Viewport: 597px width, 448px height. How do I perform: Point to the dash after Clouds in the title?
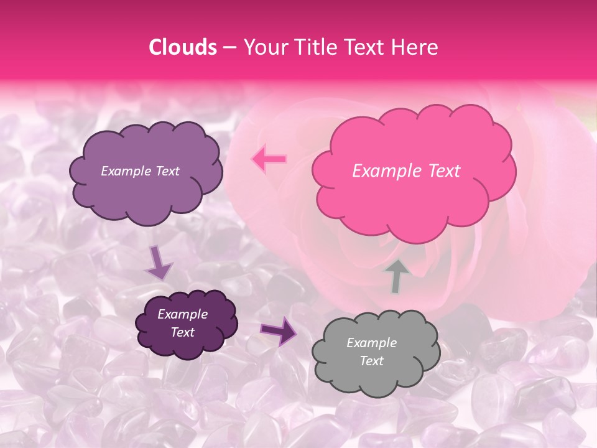[x=229, y=48]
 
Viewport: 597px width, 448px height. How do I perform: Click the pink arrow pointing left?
[x=269, y=159]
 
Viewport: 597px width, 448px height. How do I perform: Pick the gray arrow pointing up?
[x=397, y=276]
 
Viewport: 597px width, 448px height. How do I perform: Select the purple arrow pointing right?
[x=279, y=330]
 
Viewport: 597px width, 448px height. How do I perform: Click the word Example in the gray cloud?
[x=371, y=343]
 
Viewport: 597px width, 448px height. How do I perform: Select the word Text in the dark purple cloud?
[x=183, y=332]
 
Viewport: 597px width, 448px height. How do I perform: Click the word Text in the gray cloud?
[x=371, y=361]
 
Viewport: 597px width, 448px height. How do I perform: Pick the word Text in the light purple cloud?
[x=167, y=171]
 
